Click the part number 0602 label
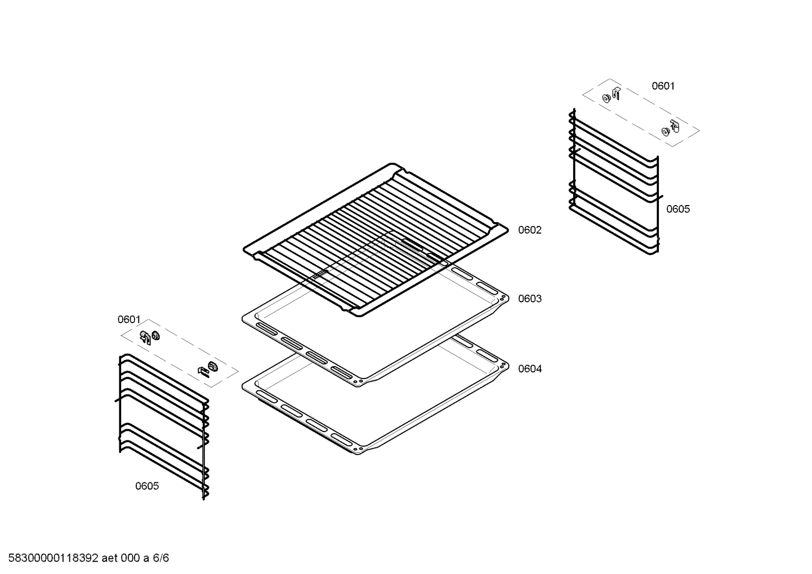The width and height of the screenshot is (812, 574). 530,230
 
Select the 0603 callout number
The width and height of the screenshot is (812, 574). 530,299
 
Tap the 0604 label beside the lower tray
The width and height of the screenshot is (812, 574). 530,369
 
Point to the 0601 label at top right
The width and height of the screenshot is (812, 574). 663,86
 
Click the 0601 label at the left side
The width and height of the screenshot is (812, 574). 129,319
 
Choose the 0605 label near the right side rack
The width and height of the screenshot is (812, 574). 678,209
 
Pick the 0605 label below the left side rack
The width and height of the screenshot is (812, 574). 147,486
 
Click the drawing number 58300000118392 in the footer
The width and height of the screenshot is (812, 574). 53,558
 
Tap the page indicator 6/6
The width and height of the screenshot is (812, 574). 160,558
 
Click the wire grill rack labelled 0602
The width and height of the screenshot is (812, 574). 376,239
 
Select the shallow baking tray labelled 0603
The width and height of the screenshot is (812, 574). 375,308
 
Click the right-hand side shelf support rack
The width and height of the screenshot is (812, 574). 614,181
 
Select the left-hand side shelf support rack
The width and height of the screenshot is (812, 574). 162,427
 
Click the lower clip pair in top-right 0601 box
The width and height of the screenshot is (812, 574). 670,128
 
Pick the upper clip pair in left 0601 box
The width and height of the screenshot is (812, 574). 150,337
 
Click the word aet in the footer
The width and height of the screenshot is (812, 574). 109,558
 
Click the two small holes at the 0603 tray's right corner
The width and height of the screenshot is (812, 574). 503,297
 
